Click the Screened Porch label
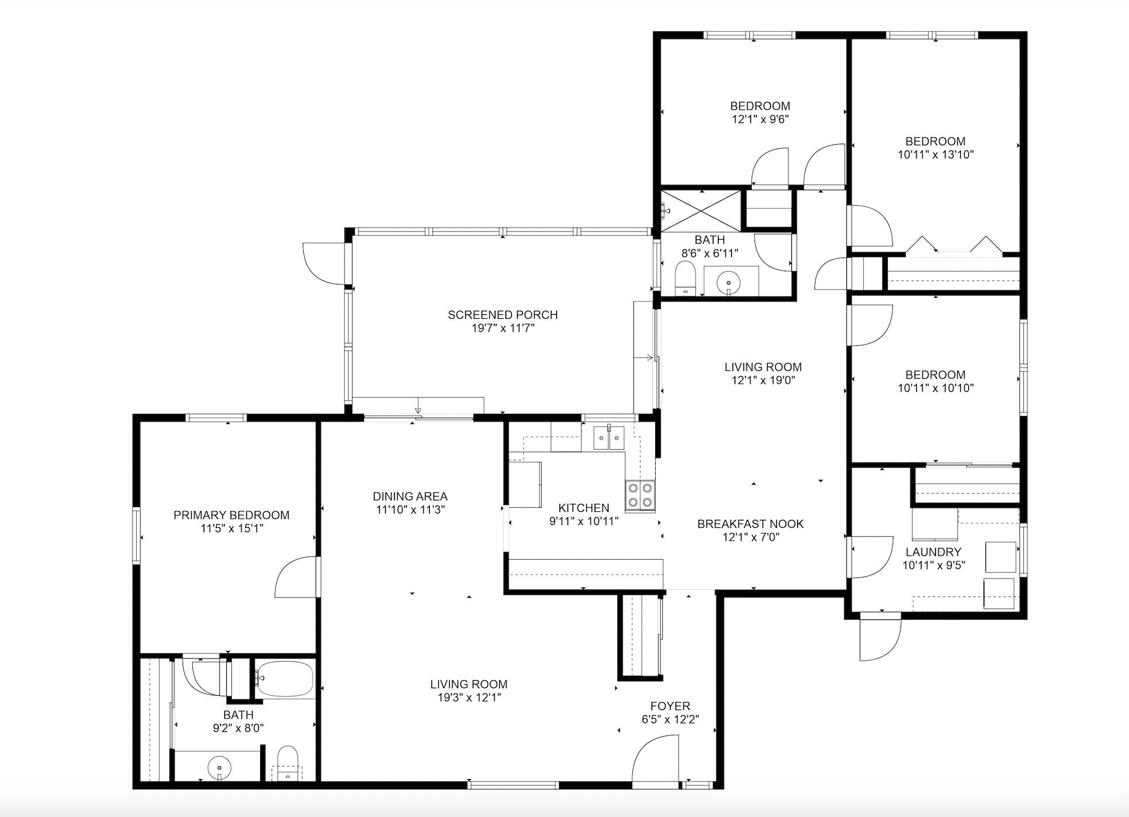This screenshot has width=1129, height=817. tap(502, 315)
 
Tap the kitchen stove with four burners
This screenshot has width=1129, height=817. tap(640, 495)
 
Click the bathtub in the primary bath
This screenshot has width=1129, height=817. tap(285, 679)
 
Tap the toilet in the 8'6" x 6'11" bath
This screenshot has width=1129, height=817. tap(685, 278)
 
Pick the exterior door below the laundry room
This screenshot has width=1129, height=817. tap(880, 638)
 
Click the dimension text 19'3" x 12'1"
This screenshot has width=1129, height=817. tap(469, 697)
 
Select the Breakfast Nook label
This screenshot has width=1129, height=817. tap(750, 524)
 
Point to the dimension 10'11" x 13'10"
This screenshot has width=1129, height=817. tap(935, 155)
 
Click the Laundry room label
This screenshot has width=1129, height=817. tap(933, 552)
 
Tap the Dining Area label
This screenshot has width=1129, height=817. tap(409, 496)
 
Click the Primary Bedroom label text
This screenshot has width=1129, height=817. tap(231, 515)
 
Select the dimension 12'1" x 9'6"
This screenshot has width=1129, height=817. tap(760, 120)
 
